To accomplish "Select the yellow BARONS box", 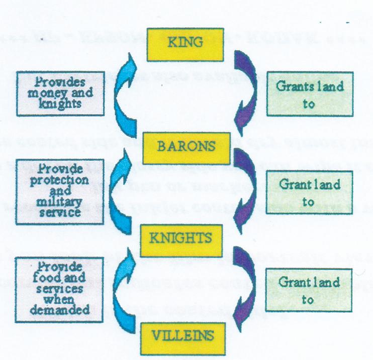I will (x=187, y=148).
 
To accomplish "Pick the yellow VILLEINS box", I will (x=187, y=334).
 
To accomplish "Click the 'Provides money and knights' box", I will (x=59, y=93).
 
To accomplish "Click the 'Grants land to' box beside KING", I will (x=309, y=94).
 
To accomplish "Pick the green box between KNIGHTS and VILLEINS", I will (x=309, y=290).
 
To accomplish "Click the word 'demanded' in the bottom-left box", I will (x=59, y=309).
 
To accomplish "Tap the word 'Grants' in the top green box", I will (x=293, y=85).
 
